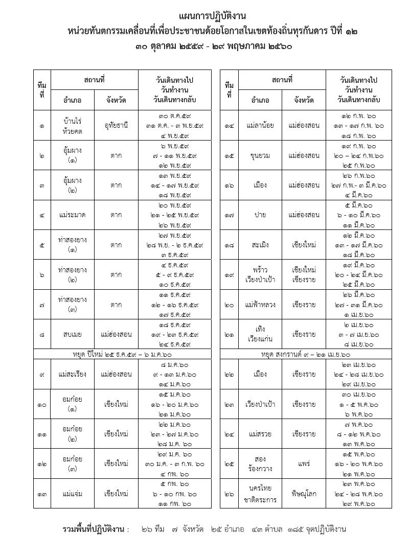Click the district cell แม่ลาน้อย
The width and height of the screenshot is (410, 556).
pos(261,125)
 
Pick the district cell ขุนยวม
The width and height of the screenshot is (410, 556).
pos(261,155)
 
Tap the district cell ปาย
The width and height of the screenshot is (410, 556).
pos(261,215)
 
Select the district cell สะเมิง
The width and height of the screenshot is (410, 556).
pos(261,245)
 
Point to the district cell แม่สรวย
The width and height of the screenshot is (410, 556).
pos(261,434)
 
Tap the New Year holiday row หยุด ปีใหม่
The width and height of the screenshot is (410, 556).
pos(122,354)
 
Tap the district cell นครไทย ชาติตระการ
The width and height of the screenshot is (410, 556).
pos(261,494)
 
